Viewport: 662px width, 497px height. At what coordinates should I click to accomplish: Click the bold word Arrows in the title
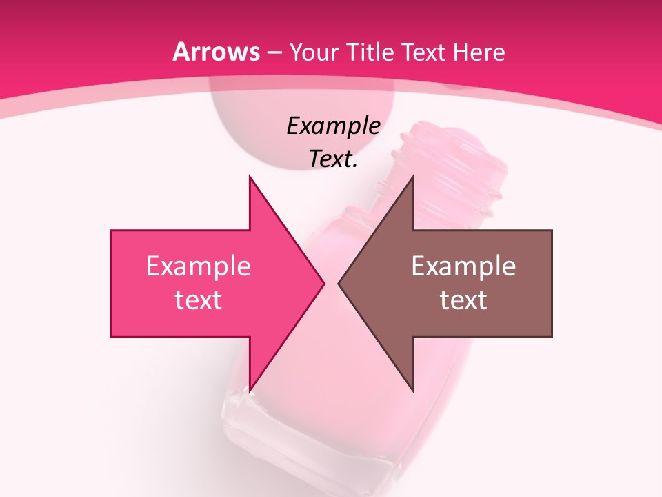pos(216,52)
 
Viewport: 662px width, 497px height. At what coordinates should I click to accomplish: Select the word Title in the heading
pos(370,52)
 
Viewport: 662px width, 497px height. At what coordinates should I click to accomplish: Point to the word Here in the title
pos(480,52)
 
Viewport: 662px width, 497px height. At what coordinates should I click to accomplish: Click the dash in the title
pos(274,53)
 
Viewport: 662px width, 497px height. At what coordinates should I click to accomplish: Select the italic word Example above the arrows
pos(333,126)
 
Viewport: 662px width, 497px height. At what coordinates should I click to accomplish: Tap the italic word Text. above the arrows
pos(333,159)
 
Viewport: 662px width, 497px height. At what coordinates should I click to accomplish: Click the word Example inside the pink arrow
pos(198,266)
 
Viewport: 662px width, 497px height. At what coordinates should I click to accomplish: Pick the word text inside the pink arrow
pos(198,300)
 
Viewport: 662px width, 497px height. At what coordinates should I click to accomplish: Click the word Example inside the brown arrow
pos(463,266)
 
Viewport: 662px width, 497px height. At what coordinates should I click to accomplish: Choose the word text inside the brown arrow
pos(463,300)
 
